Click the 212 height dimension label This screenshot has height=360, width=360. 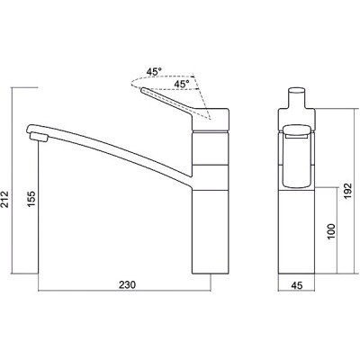4,199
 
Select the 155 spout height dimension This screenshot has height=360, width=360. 31,199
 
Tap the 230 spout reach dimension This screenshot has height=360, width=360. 127,284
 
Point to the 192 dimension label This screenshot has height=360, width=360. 346,192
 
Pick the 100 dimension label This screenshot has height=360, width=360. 331,231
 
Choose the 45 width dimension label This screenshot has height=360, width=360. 297,285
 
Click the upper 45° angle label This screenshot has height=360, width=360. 154,72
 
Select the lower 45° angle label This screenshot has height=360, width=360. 182,85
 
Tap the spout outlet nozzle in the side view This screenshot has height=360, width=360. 39,138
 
